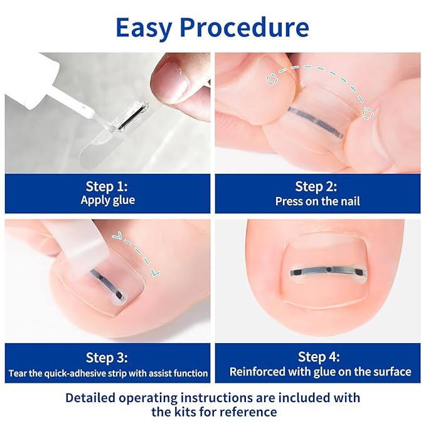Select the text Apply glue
click(x=107, y=201)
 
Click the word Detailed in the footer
click(x=94, y=398)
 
